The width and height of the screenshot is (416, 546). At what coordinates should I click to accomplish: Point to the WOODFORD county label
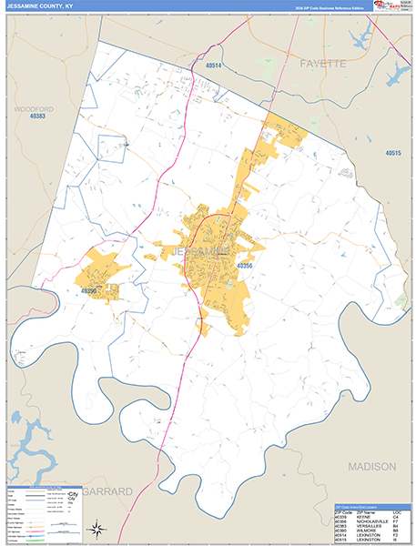tap(34, 108)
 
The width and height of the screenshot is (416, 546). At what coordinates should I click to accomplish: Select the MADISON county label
tap(370, 466)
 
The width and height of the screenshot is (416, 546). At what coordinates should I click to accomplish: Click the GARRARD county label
tap(107, 490)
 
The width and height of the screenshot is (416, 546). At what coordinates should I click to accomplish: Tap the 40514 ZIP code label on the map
tap(214, 66)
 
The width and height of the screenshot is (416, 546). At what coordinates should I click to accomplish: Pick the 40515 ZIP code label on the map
tap(392, 153)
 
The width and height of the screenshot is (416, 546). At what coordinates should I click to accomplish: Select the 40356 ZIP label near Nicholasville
tap(244, 266)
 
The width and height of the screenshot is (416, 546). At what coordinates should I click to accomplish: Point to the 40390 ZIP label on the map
tap(88, 291)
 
